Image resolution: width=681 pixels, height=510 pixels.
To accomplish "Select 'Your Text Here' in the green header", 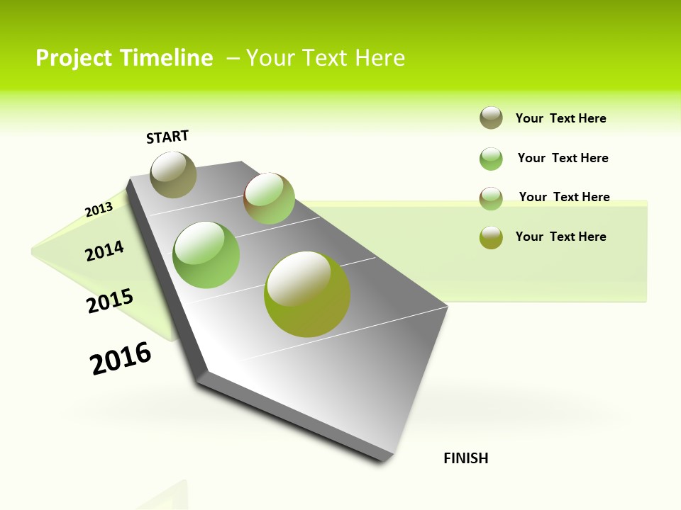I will [x=326, y=58].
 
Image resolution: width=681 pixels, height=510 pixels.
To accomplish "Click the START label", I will [x=167, y=137].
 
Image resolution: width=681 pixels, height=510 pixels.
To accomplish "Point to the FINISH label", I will [x=466, y=458].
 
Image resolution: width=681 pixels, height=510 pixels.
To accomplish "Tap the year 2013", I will [x=99, y=209].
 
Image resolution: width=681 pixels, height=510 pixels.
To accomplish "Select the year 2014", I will [x=104, y=251].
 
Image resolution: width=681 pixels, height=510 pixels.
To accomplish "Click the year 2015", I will [x=109, y=302].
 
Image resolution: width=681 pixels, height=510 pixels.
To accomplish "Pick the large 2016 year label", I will [x=121, y=358].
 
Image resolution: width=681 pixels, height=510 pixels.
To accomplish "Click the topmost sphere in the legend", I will [x=491, y=118].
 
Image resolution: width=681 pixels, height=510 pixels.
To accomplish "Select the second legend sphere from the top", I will [x=491, y=159].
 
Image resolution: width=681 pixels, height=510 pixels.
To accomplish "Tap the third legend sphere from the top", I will [x=491, y=198].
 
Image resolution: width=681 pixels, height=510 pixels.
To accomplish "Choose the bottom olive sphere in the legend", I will [x=491, y=237].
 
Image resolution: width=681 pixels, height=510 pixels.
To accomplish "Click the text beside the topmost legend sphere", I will [x=560, y=118].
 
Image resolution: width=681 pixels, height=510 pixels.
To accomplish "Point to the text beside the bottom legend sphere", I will [x=560, y=237].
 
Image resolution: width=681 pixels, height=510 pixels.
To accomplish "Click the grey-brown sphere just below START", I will [x=173, y=174].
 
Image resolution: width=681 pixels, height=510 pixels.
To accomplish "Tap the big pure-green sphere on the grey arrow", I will [x=206, y=254].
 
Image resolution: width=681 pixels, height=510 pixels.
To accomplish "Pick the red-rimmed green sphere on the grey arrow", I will [x=269, y=198].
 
